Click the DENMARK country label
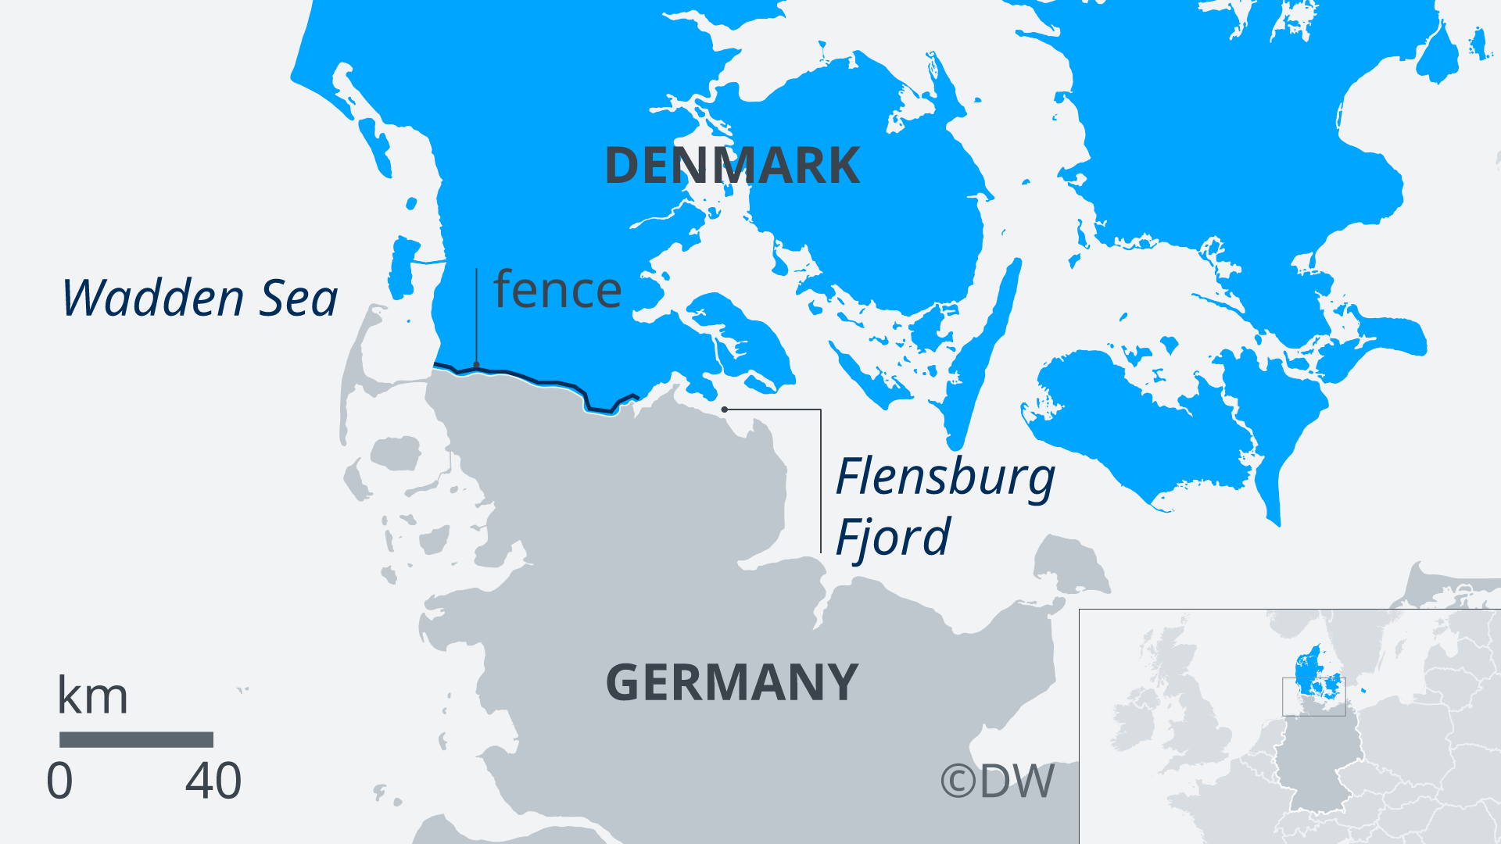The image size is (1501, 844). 732,166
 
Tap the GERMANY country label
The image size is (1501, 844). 732,682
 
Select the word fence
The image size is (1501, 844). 557,290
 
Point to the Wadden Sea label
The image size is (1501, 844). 199,298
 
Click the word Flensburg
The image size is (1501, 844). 945,477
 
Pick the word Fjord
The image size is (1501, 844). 892,537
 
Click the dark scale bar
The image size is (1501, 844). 136,739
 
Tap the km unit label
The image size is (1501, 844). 92,696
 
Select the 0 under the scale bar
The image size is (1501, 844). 59,781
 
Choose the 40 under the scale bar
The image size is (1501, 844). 213,781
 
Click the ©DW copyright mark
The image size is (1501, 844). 997,781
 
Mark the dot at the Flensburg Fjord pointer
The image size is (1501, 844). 725,409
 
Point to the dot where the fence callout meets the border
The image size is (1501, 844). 476,366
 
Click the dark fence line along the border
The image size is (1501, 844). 547,382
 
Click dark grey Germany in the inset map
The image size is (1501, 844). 1317,762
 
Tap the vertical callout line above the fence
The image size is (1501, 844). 476,316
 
